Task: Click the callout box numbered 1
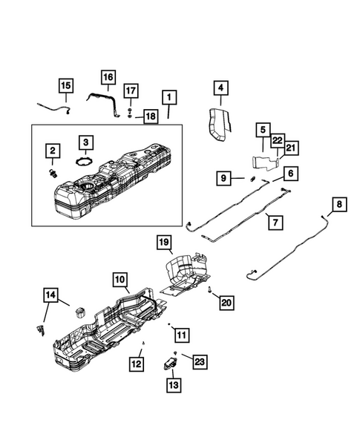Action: point(169,97)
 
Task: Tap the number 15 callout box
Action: point(66,85)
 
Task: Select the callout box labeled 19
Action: point(164,242)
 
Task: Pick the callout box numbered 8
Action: point(339,204)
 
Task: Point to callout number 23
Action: point(200,362)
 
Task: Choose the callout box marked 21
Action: point(291,148)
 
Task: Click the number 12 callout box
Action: point(137,364)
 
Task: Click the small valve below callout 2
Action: point(53,174)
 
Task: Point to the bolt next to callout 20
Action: point(209,291)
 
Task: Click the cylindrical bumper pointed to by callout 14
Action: point(80,312)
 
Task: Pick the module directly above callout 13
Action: point(171,364)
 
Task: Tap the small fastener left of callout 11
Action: point(168,324)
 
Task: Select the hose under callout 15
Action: point(54,108)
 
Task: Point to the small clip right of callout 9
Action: point(253,178)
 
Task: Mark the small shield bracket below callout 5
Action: point(265,163)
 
